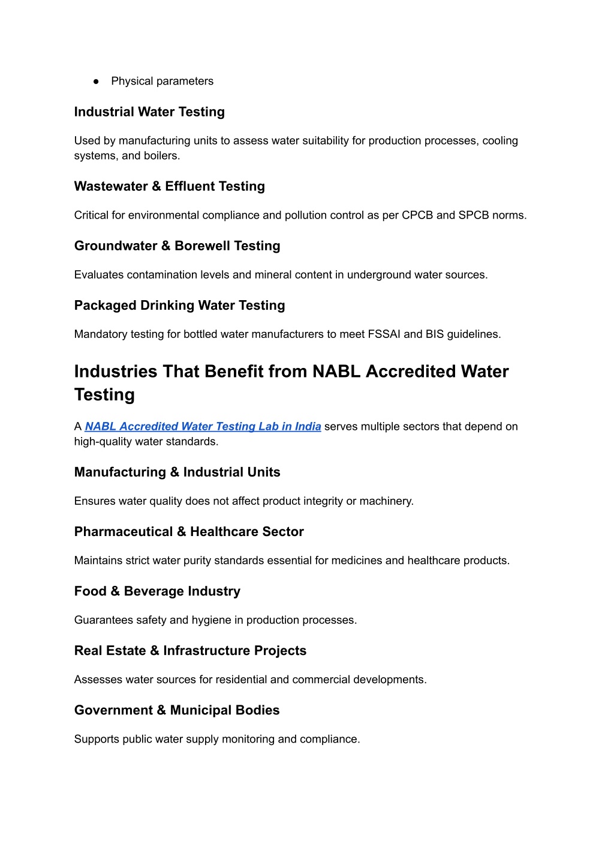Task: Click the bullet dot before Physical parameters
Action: tap(95, 82)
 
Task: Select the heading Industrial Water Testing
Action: tap(149, 112)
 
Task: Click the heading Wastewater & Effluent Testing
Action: tap(169, 187)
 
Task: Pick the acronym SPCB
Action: tap(474, 215)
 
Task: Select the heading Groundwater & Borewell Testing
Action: tap(177, 246)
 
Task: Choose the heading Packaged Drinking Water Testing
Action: tap(179, 306)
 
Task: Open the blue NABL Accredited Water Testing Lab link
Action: tap(203, 427)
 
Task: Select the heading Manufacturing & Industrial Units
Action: tap(177, 472)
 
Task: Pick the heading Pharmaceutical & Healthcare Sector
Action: tap(189, 532)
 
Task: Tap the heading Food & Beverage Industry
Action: tap(157, 591)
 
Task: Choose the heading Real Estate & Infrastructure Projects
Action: tap(190, 651)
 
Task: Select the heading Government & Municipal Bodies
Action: tap(177, 710)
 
